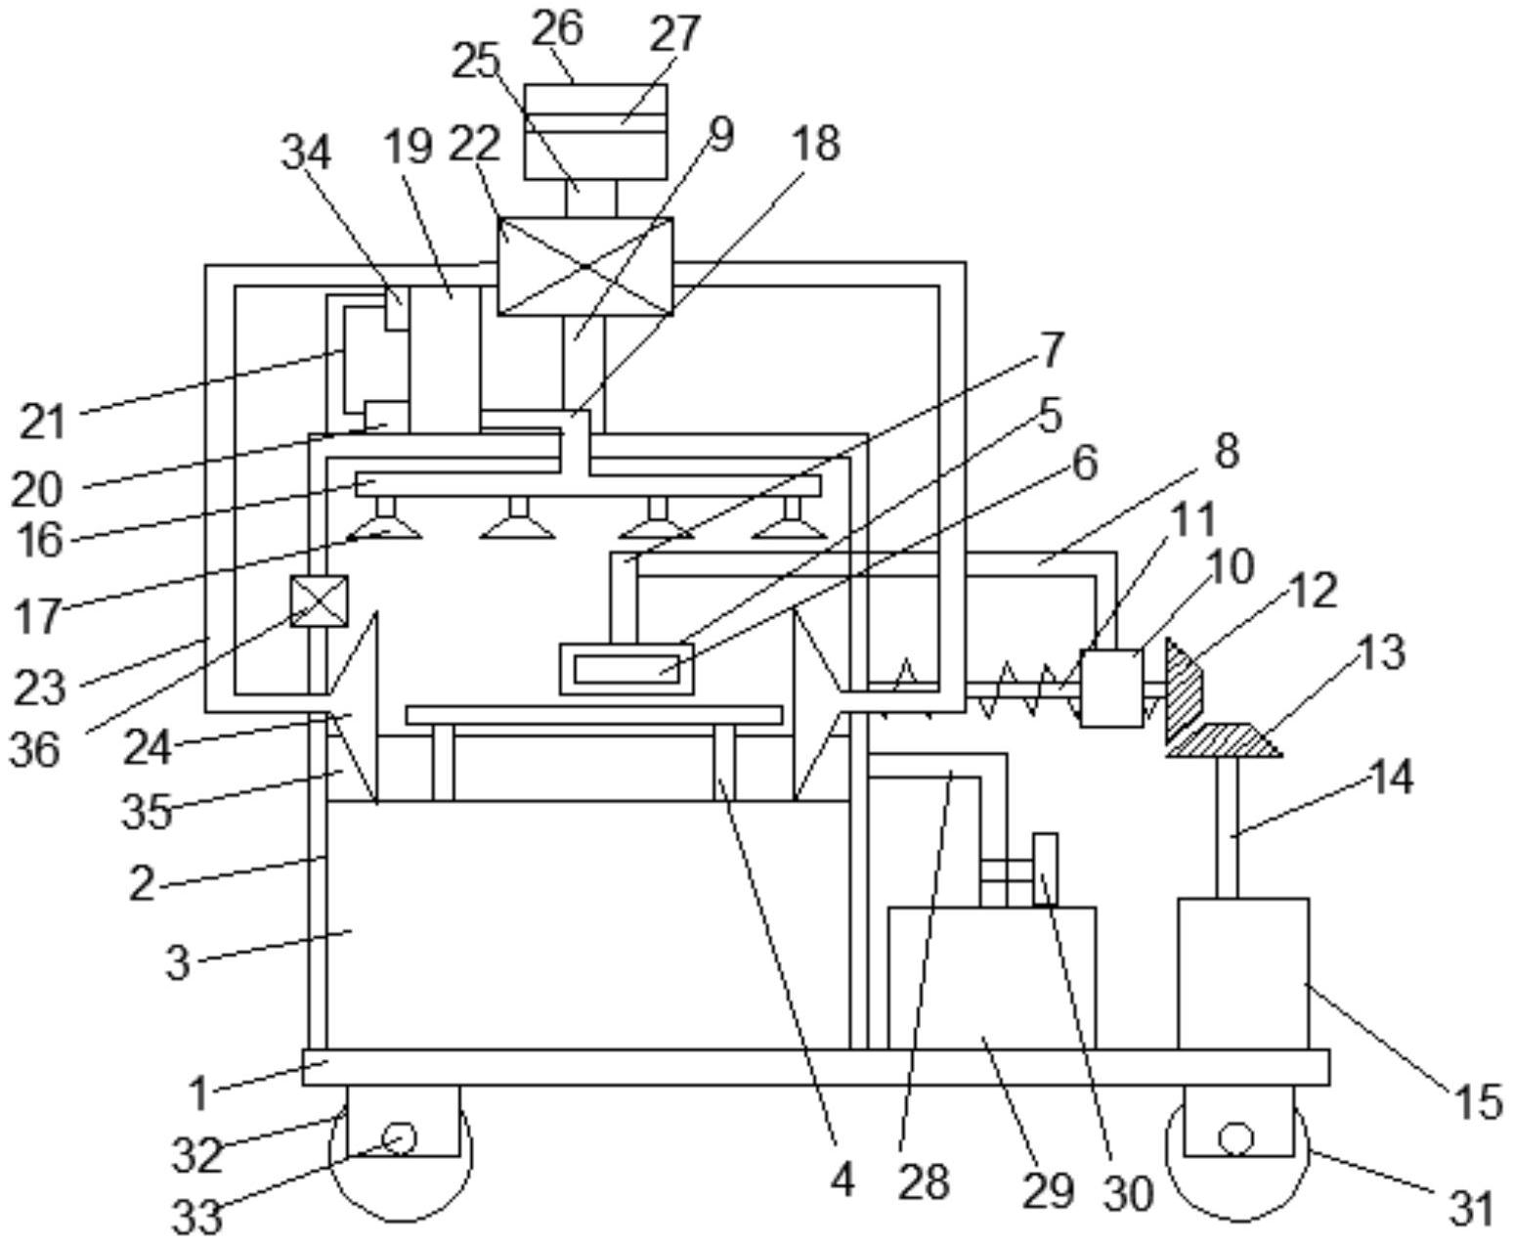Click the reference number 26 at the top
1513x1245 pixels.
[x=557, y=29]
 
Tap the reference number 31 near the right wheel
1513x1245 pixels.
[x=1471, y=1208]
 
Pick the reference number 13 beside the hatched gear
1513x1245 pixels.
[x=1381, y=653]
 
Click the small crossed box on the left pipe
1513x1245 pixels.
[x=320, y=600]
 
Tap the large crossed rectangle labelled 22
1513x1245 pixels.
[x=585, y=266]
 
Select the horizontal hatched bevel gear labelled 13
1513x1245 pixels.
[x=1224, y=740]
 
